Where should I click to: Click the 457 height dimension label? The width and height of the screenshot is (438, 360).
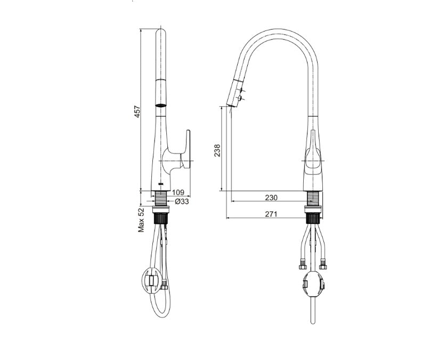[x=137, y=111]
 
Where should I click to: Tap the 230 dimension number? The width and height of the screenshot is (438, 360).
[x=271, y=198]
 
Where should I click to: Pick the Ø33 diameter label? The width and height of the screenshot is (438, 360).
[x=182, y=202]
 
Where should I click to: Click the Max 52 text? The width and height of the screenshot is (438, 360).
[x=142, y=220]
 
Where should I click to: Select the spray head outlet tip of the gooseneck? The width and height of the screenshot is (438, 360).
[x=230, y=105]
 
